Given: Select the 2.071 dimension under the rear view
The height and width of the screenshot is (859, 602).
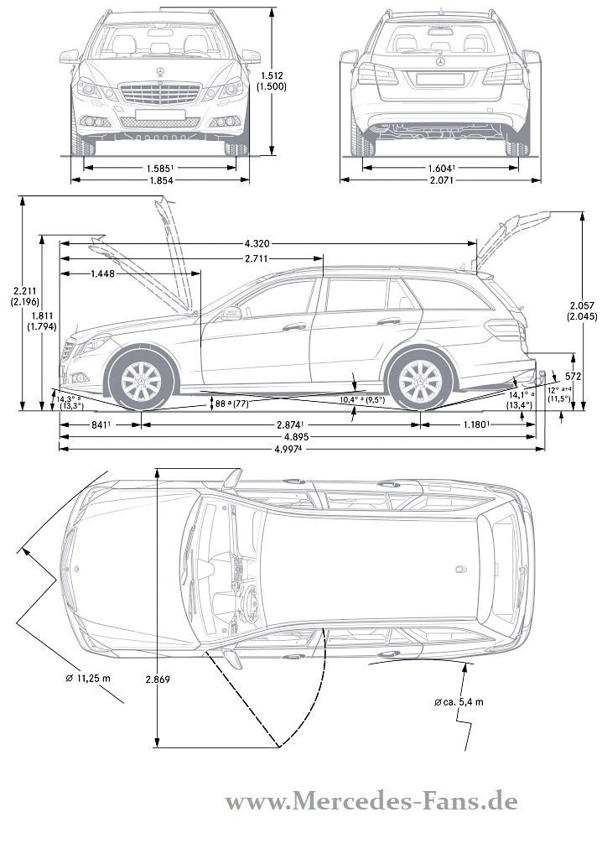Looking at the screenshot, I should [440, 181].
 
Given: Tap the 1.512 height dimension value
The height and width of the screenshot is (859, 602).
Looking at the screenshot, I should [271, 75].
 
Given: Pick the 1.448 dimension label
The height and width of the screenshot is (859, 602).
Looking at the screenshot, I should [104, 273].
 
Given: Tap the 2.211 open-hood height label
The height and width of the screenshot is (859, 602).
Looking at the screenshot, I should [14, 289].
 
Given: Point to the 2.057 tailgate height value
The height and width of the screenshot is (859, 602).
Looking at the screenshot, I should [581, 305].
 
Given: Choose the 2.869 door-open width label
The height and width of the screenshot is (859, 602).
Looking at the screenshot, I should [157, 679].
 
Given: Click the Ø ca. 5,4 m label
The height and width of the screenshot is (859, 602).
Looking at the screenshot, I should [459, 701].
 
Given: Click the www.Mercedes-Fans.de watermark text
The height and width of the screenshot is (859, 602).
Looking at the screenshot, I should [371, 802].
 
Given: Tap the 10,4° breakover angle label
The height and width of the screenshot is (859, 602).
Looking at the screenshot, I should [362, 400].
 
